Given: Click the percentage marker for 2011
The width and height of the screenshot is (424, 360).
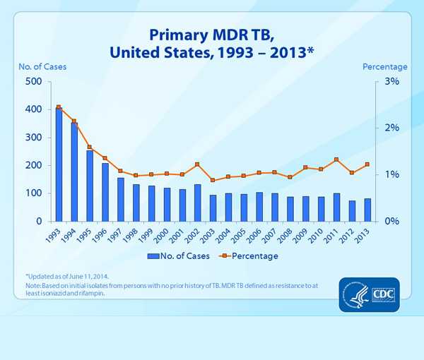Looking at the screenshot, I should point(336,160).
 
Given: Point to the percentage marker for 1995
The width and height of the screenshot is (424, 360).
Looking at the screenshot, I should point(89,148).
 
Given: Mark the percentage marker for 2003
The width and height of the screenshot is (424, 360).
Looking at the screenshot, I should point(213,181).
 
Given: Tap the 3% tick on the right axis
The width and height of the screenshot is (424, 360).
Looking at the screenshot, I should point(391,82).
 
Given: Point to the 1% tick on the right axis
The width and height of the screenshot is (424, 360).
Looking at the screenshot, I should point(391,175).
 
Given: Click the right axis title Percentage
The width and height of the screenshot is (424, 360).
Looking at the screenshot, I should point(384,67).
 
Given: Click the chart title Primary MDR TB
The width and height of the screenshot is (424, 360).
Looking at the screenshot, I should point(212,35).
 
